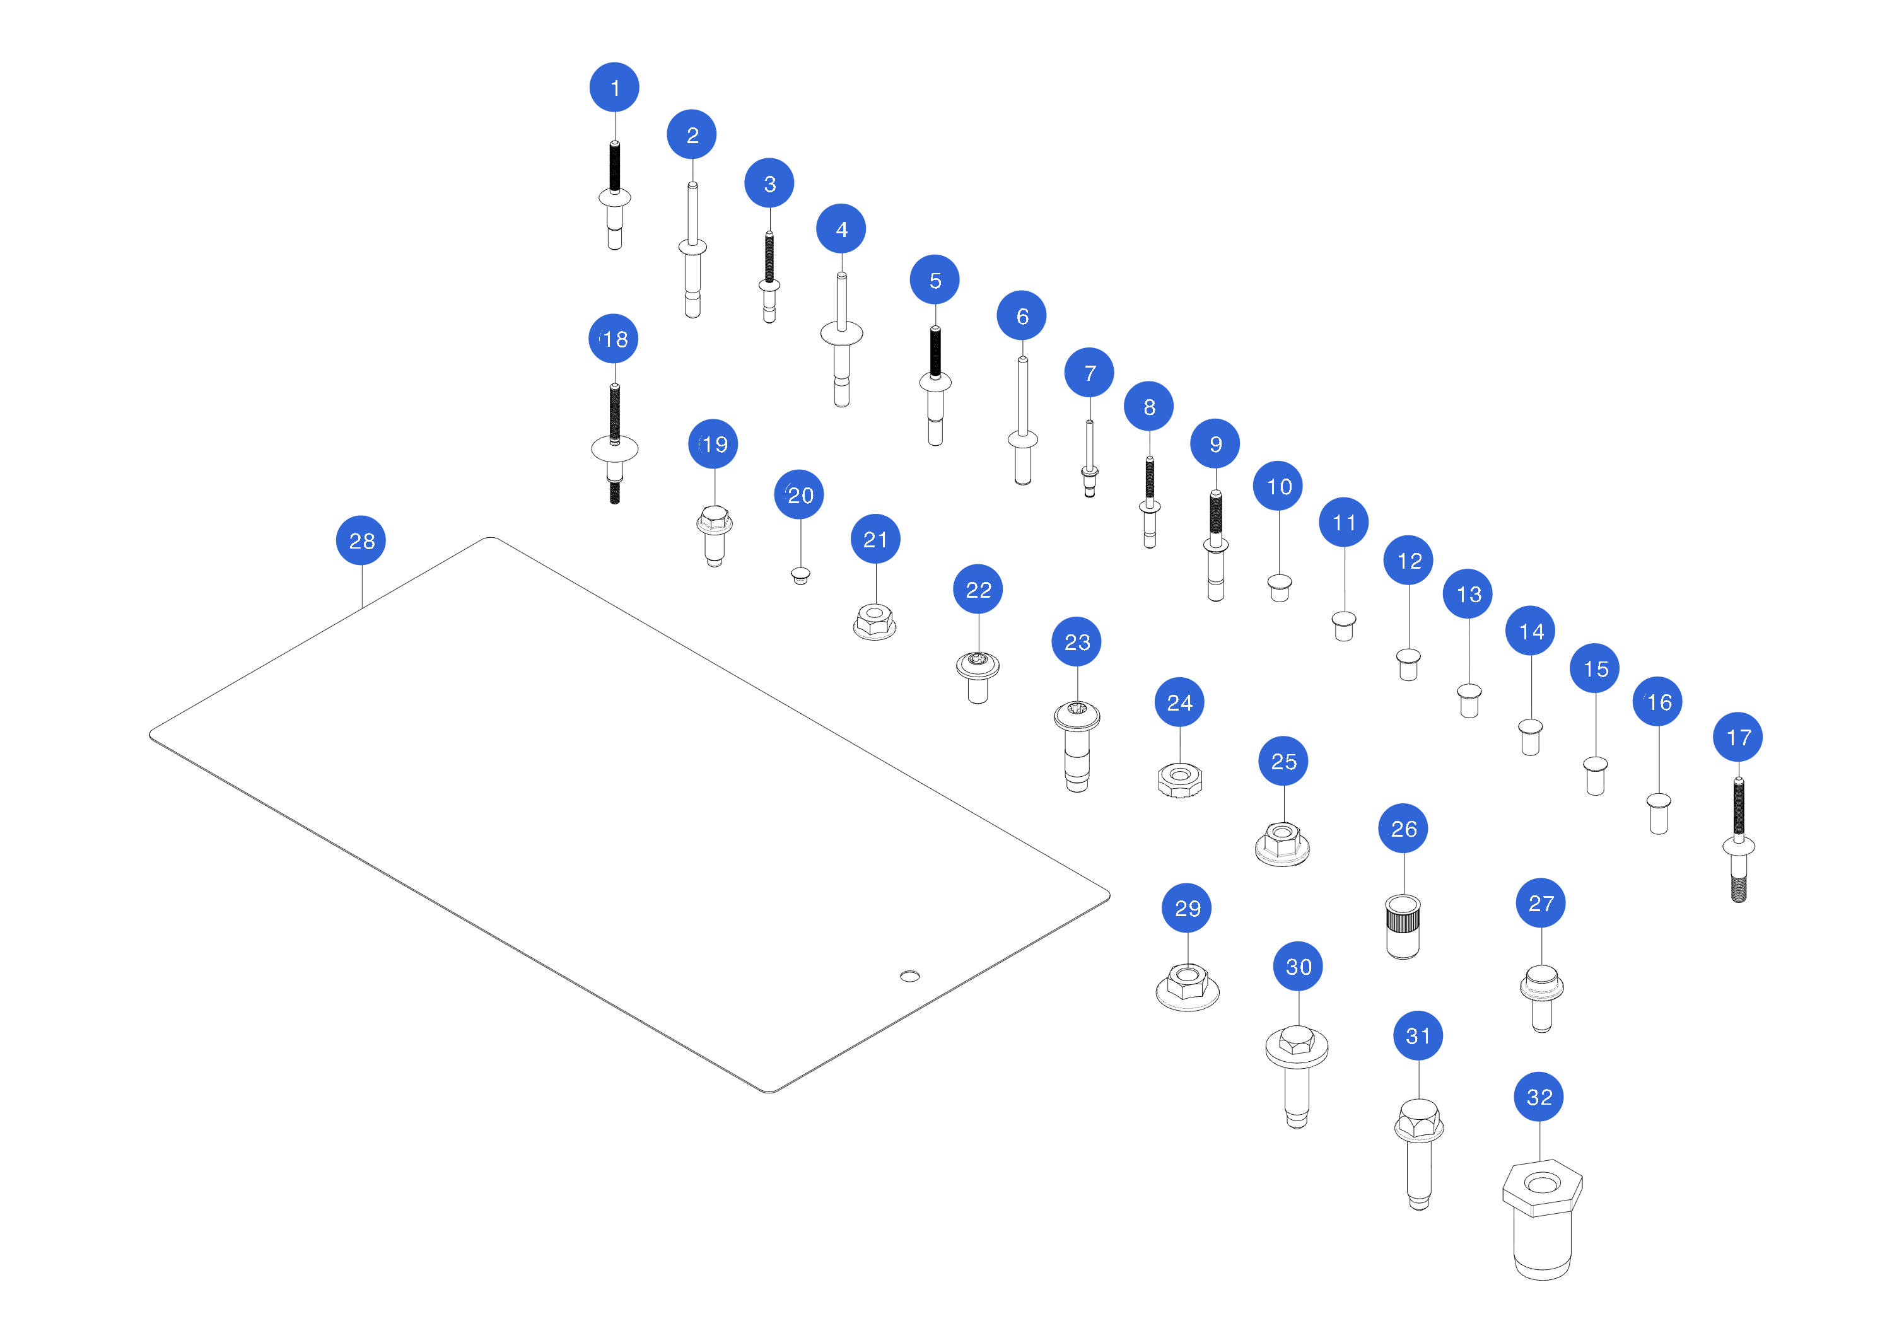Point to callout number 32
coord(1538,1097)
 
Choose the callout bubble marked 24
coord(1179,702)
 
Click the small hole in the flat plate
coord(910,976)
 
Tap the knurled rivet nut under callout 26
coord(1403,927)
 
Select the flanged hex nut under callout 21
coord(874,622)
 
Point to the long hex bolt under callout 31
coord(1418,1153)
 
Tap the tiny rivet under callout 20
coord(800,575)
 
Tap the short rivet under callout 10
coord(1279,588)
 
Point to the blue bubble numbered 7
coord(1089,373)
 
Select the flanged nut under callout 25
coord(1282,844)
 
